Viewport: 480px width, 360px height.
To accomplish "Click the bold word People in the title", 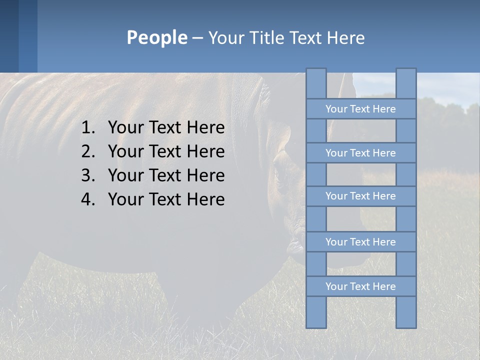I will pos(156,37).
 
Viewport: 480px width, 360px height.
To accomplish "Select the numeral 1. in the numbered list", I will pos(88,128).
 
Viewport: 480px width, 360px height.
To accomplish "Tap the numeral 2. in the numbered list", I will pos(88,151).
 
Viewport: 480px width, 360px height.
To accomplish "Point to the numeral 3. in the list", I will pos(88,175).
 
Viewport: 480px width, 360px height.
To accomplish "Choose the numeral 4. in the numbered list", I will pos(88,199).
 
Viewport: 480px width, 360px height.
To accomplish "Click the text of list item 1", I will pos(166,128).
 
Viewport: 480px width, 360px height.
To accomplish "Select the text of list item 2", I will pos(166,151).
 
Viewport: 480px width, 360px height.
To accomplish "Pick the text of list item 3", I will pos(166,175).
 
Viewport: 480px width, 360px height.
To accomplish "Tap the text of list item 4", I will pos(166,199).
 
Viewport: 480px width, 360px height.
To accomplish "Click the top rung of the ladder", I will pos(360,109).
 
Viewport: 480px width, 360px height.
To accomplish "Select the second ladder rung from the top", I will pos(360,153).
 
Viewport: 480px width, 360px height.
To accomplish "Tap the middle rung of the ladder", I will pos(360,196).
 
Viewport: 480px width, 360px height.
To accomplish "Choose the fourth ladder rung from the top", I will pos(360,242).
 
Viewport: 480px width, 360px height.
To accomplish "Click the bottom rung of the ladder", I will pos(360,286).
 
